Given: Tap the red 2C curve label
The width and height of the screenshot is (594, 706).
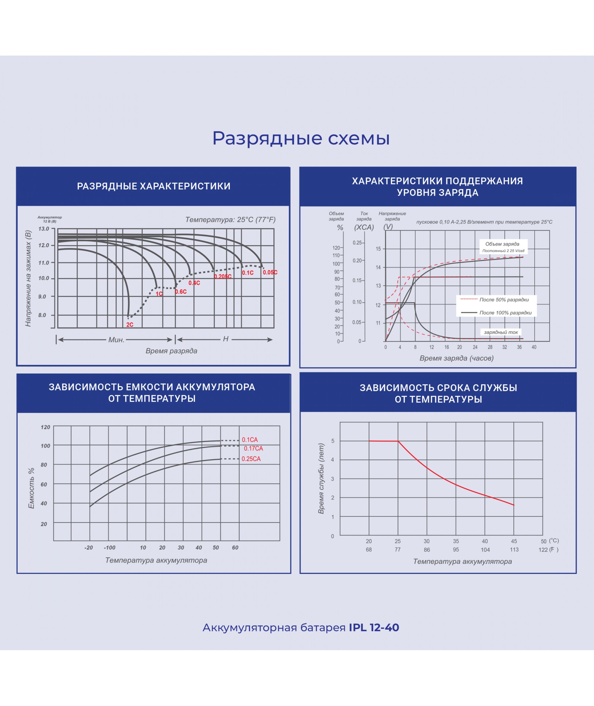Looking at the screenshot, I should [x=130, y=325].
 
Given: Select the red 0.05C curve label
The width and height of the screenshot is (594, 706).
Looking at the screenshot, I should [x=270, y=272].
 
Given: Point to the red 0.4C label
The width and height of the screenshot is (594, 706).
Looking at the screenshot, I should [x=194, y=283].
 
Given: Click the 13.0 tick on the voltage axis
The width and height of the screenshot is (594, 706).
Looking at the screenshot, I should [x=44, y=229].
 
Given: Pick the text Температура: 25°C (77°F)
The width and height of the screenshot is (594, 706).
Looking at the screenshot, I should [x=230, y=220].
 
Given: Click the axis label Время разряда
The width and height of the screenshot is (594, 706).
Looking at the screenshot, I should [x=171, y=351].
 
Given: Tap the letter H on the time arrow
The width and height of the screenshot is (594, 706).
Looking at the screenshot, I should [x=226, y=339].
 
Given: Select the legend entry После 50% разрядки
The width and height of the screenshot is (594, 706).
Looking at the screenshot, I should [x=504, y=300].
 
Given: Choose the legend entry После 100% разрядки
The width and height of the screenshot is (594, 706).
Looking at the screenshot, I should [x=505, y=313].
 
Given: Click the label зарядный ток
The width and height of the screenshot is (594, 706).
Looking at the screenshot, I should [x=501, y=332].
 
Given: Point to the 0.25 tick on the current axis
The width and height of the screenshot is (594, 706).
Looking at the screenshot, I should [x=357, y=243].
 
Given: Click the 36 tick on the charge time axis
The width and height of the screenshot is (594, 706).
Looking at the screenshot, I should [x=519, y=347].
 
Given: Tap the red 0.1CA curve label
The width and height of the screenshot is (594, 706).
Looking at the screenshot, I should [x=250, y=440].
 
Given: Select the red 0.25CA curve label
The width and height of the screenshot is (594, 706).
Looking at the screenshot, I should [x=251, y=459].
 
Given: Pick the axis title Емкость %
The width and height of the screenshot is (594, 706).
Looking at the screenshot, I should [x=31, y=488].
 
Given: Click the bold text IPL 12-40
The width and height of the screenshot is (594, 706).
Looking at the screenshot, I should [x=374, y=628].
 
